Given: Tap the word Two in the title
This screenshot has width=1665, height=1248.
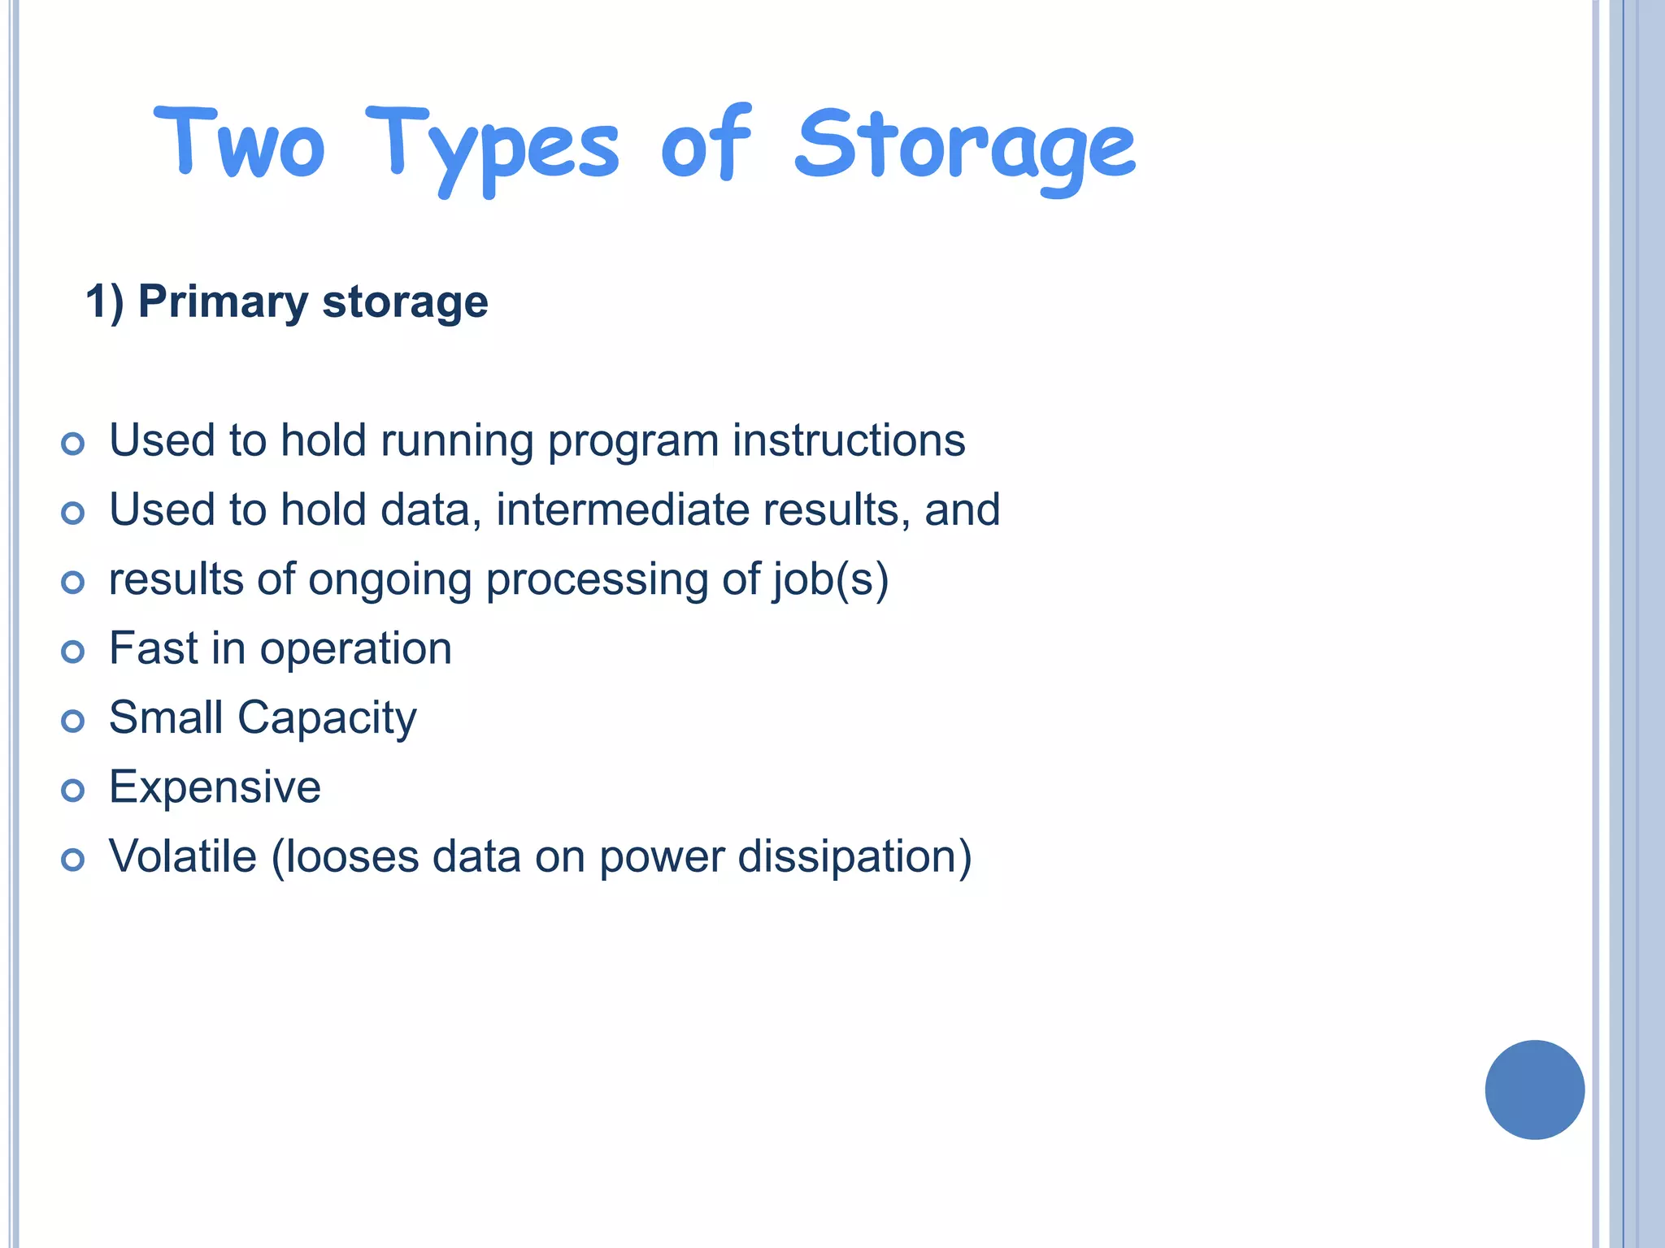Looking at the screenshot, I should (x=240, y=144).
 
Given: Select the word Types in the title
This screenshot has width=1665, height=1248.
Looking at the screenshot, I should (x=492, y=148).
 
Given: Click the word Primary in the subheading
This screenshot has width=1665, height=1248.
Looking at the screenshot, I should (x=223, y=302).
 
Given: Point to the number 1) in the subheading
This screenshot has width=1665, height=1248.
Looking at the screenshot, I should (x=105, y=302).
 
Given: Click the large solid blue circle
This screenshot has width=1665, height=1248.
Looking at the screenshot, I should (x=1534, y=1090).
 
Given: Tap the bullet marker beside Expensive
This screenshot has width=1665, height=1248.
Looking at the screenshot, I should (x=73, y=790).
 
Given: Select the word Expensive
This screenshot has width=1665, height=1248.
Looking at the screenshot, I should (x=215, y=787).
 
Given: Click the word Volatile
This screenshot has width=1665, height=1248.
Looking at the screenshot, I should (x=183, y=856).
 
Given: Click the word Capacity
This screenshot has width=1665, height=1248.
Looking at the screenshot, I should (x=327, y=718).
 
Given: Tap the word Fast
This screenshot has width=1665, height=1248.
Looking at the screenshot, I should (x=154, y=648).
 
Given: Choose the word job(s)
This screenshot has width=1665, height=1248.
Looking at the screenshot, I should (x=830, y=580).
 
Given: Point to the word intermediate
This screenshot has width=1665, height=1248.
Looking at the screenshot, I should (x=623, y=510).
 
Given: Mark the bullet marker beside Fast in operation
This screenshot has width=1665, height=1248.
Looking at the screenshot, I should (x=73, y=651).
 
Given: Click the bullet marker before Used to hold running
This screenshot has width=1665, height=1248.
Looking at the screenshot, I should (x=73, y=444).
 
